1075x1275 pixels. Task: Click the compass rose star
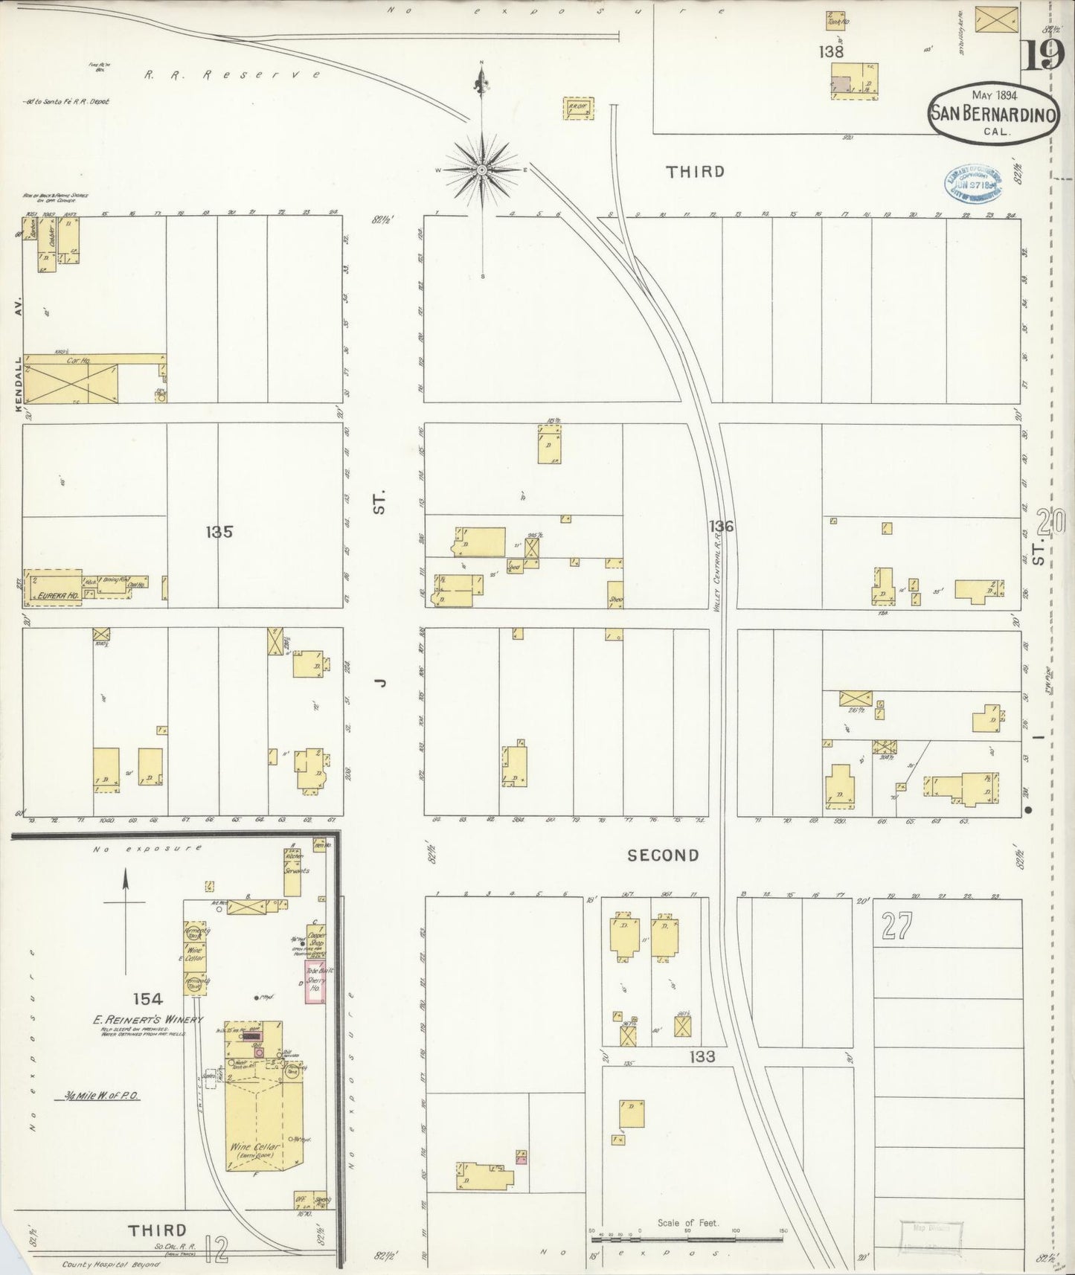coord(482,170)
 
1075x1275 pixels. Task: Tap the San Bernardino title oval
coord(993,115)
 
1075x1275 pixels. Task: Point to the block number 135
coord(219,532)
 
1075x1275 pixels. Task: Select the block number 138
coord(830,52)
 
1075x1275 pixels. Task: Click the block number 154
coord(147,999)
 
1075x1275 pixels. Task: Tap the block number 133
coord(702,1056)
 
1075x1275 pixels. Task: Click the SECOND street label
coord(663,855)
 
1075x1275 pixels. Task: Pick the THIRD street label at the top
coord(695,172)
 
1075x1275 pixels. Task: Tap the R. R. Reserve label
coord(232,74)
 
